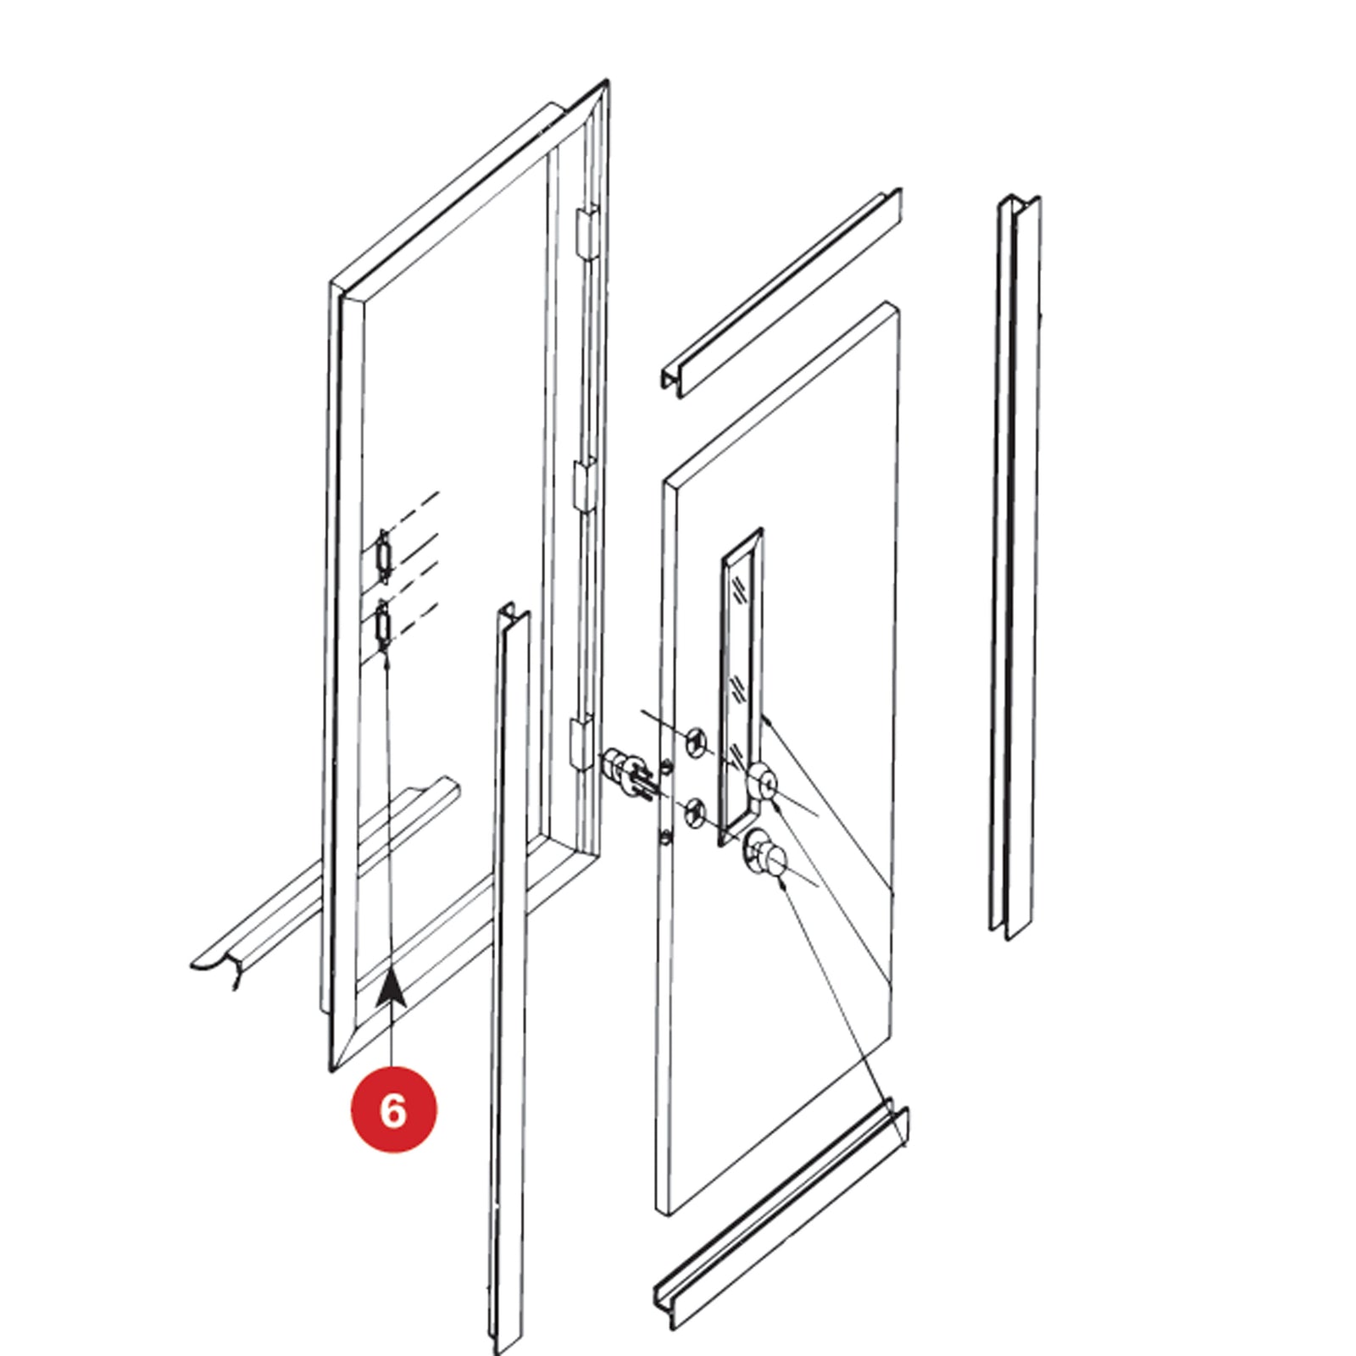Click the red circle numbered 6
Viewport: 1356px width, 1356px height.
coord(393,1109)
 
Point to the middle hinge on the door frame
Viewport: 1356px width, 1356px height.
coord(586,485)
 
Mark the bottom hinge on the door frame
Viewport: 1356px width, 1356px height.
coord(582,742)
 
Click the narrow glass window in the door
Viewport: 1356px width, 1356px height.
coord(740,686)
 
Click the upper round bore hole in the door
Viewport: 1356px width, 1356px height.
coord(695,742)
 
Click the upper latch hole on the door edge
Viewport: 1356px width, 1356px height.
coord(668,768)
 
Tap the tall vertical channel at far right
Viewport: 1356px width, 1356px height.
coord(1015,567)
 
